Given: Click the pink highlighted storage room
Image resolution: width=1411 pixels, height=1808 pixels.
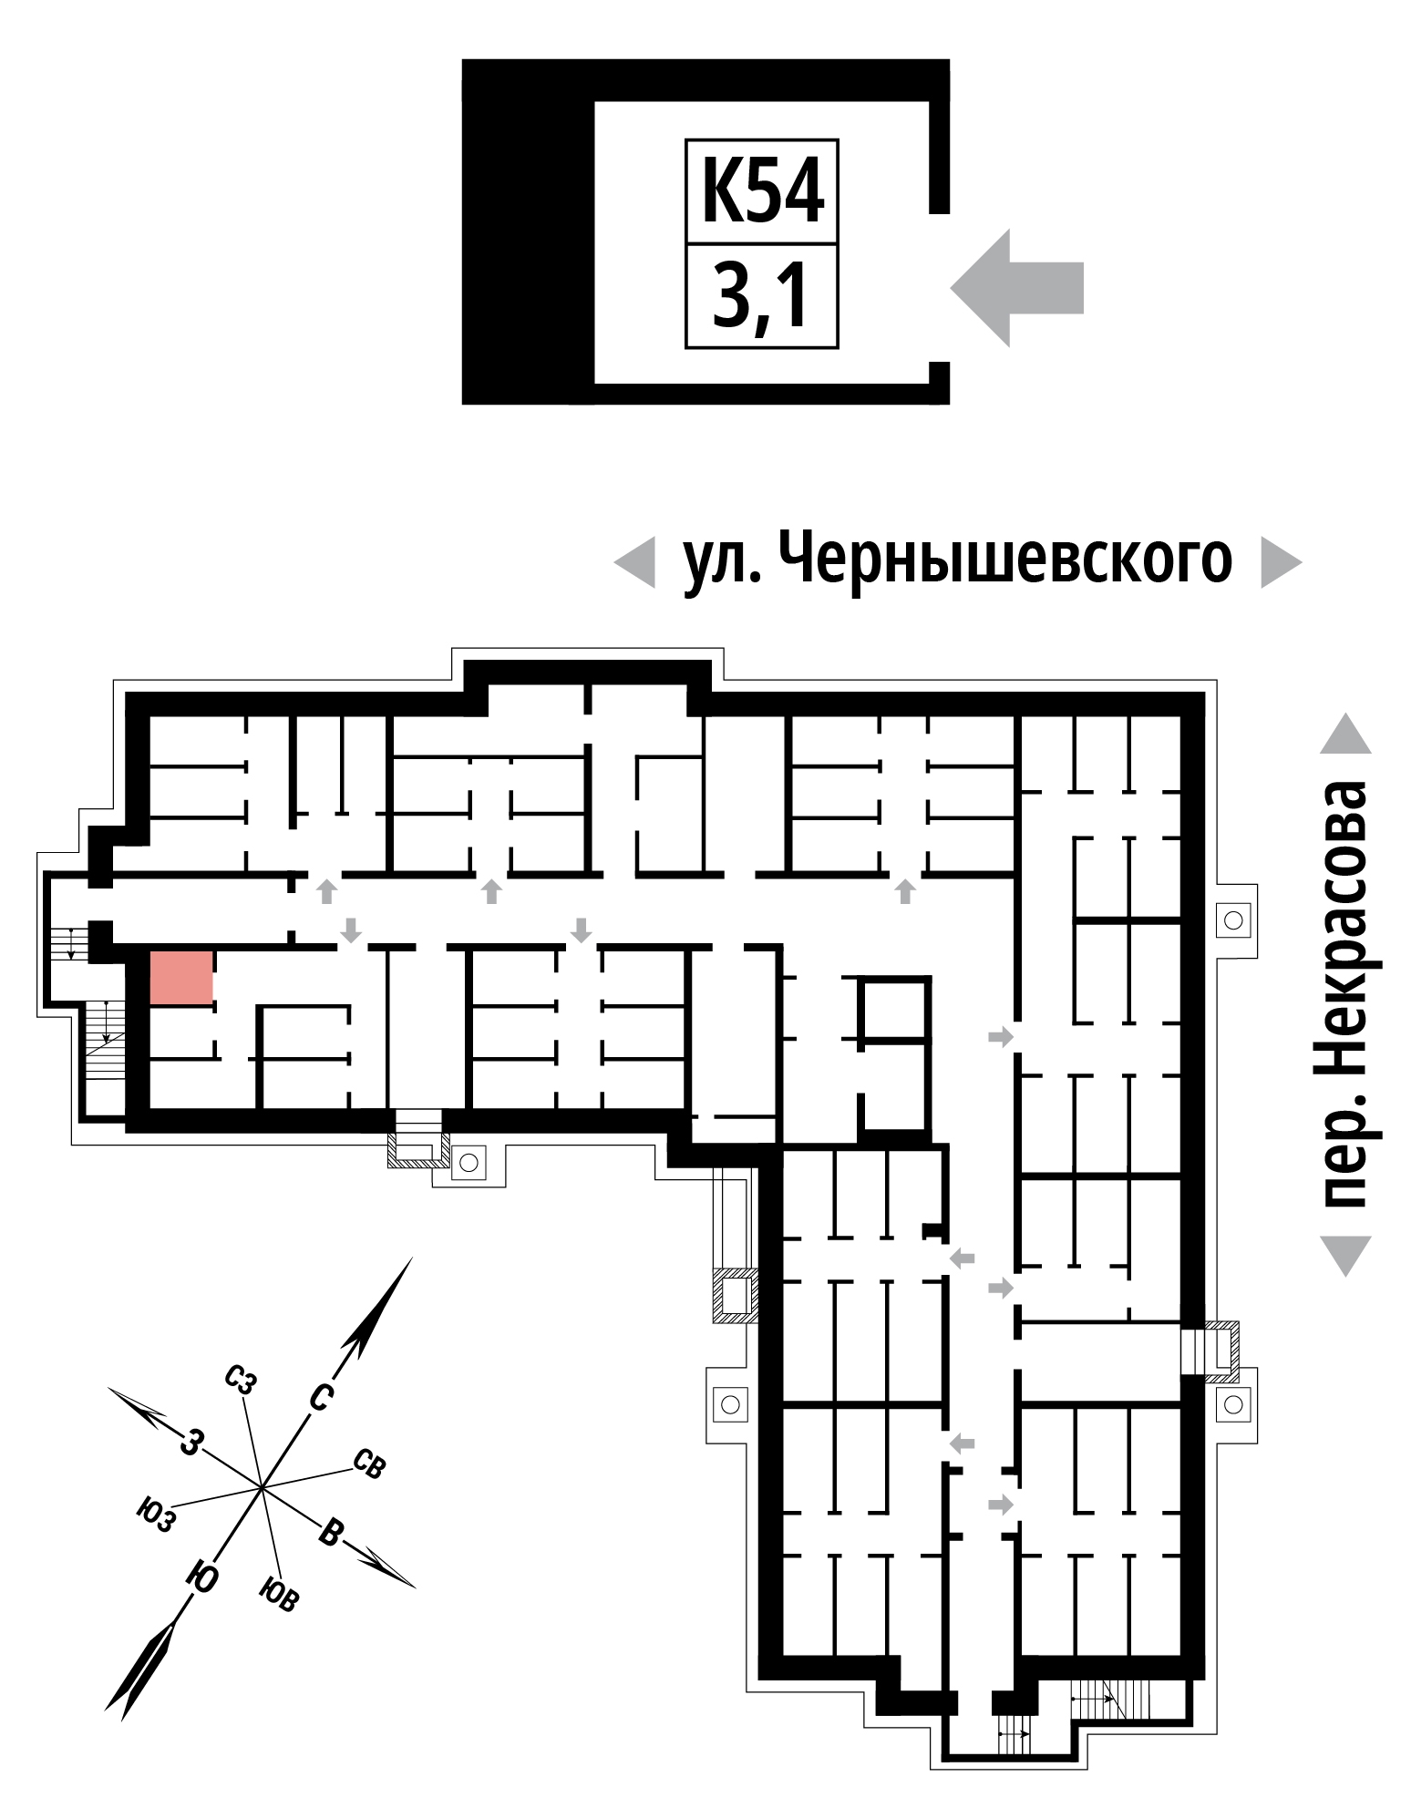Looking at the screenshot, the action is click(181, 978).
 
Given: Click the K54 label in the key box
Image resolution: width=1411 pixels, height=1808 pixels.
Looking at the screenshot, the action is click(761, 192).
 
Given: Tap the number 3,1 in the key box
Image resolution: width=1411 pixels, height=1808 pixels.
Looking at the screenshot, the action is click(761, 295).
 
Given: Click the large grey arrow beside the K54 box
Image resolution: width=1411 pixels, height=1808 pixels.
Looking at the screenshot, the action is click(1016, 288).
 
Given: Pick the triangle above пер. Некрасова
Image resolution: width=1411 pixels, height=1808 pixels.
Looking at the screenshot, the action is click(1345, 734).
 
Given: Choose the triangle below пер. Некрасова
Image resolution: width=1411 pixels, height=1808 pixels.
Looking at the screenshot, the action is click(1345, 1255).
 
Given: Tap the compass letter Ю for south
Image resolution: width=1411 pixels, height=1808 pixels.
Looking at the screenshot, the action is click(202, 1577).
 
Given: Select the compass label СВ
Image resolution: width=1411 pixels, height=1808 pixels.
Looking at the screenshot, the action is click(368, 1464).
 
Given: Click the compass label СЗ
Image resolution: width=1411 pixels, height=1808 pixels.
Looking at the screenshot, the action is click(241, 1381).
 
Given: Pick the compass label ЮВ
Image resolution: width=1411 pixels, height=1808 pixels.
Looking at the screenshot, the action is click(278, 1593).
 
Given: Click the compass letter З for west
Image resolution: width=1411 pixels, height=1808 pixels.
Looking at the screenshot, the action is click(190, 1441).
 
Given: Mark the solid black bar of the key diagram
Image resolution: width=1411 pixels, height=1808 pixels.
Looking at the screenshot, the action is click(529, 231).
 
